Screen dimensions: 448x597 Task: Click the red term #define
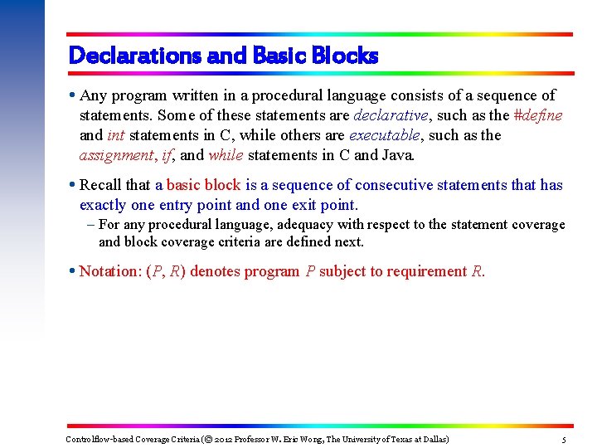538,115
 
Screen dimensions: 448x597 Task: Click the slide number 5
564,440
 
